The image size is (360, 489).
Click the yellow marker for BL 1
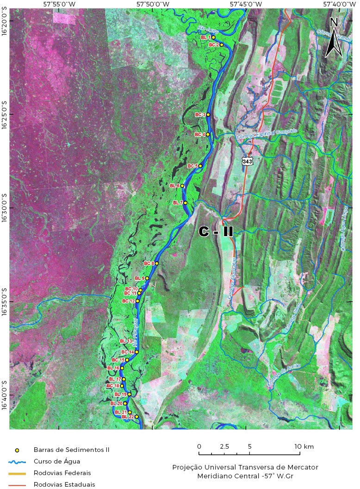(213, 37)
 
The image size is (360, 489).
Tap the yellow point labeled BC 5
(200, 166)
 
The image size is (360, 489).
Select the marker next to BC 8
(157, 263)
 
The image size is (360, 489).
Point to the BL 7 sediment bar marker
(185, 203)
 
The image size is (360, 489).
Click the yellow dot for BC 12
(137, 301)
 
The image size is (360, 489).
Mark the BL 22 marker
(137, 417)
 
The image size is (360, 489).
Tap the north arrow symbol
(334, 37)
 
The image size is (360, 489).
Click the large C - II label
(216, 232)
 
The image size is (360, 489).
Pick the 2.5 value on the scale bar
(224, 446)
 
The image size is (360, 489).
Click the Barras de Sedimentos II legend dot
(17, 450)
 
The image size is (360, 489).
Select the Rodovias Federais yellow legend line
(17, 473)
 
